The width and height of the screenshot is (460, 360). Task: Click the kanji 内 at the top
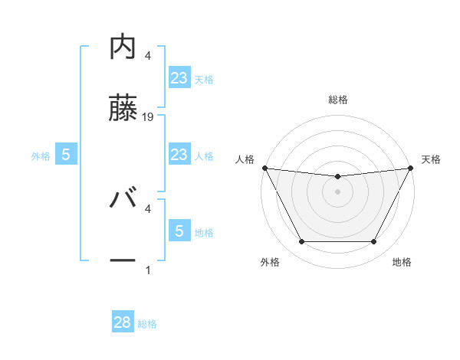pyautogui.click(x=123, y=47)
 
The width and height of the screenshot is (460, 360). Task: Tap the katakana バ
pyautogui.click(x=123, y=201)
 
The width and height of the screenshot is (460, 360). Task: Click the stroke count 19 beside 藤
pyautogui.click(x=149, y=117)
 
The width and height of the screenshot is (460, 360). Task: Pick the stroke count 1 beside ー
pyautogui.click(x=148, y=270)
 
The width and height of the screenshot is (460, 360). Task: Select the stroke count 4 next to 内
pyautogui.click(x=148, y=56)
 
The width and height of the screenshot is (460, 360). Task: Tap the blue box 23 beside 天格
pyautogui.click(x=179, y=78)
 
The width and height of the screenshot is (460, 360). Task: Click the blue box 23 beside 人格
pyautogui.click(x=179, y=155)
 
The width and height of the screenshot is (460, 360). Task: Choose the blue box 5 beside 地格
pyautogui.click(x=179, y=231)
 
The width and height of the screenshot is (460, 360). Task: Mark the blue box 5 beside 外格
pyautogui.click(x=65, y=155)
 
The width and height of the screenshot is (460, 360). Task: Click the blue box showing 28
pyautogui.click(x=123, y=322)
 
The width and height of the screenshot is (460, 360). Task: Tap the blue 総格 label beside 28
pyautogui.click(x=147, y=324)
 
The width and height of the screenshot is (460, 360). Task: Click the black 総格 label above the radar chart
pyautogui.click(x=337, y=100)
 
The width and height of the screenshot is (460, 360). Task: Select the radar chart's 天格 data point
pyautogui.click(x=411, y=168)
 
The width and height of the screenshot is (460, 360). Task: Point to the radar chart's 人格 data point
pyautogui.click(x=264, y=168)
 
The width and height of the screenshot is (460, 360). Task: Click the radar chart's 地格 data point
pyautogui.click(x=374, y=242)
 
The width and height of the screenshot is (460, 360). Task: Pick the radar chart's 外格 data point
pyautogui.click(x=301, y=242)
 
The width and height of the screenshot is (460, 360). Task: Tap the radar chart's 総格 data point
pyautogui.click(x=337, y=177)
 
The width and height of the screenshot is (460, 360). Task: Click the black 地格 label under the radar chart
pyautogui.click(x=402, y=262)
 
